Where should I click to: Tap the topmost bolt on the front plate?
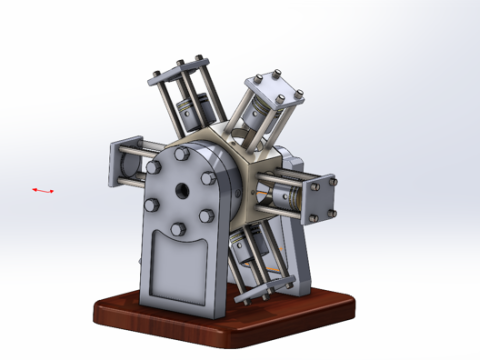pos(181,156)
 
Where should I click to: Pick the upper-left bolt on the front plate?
pos(154,168)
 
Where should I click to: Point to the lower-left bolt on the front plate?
pos(151,204)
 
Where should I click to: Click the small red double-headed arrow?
pos(42,190)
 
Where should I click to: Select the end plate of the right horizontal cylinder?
pos(323,196)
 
